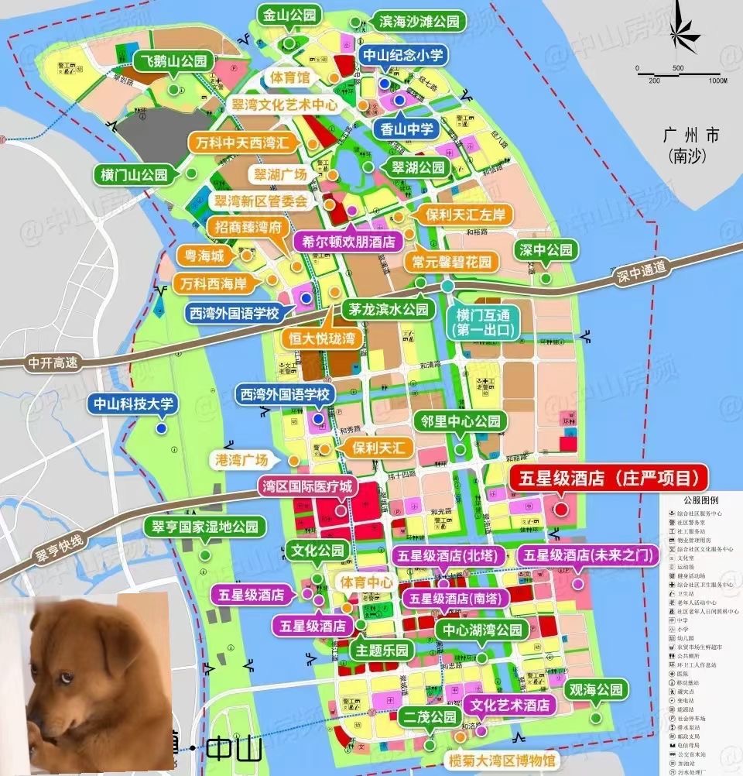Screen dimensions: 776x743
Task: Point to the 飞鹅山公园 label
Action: [173, 61]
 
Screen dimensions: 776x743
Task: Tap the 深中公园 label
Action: [546, 250]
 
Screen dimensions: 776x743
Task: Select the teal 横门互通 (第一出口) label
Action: [478, 321]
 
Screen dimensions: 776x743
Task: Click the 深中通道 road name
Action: [642, 269]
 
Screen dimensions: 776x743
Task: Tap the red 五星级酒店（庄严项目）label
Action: [609, 476]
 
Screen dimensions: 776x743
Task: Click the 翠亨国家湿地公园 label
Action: [205, 527]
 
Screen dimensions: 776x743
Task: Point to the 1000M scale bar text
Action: [717, 81]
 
